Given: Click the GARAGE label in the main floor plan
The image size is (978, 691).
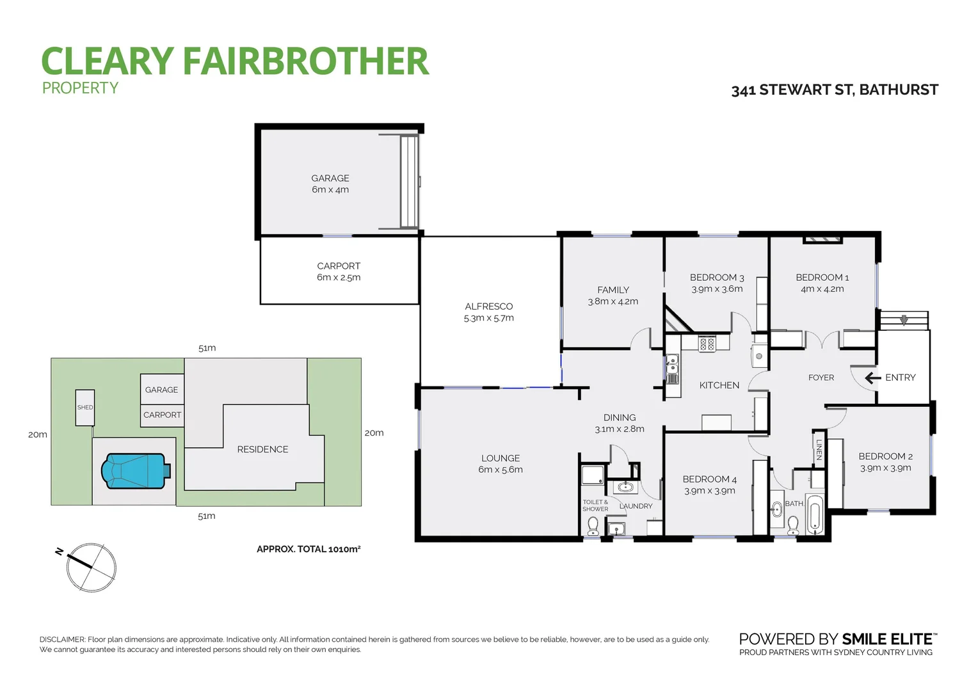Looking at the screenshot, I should point(330,179).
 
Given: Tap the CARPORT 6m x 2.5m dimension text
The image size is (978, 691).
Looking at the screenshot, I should point(339,278).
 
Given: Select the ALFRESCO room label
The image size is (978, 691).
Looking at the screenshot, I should point(489,306).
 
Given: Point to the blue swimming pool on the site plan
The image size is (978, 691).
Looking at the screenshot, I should point(135,471).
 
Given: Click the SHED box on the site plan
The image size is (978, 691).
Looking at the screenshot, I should point(85,408).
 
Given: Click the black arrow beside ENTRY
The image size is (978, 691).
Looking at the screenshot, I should point(872,378).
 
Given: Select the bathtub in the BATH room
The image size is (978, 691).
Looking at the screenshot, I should point(815,514).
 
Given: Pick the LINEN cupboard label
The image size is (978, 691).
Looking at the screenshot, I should point(819,449).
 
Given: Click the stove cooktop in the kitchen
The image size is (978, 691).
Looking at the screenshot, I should point(707,344).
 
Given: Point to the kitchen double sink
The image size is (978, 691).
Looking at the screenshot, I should point(672,365).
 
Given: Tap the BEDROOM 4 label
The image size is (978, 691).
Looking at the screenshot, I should point(709,479).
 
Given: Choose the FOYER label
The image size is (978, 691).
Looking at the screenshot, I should point(821,378).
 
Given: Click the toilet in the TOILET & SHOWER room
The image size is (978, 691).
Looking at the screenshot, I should point(593,525).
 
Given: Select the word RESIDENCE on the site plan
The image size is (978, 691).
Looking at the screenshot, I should point(262,450).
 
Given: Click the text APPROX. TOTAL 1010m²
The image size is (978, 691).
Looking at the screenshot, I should point(309,549).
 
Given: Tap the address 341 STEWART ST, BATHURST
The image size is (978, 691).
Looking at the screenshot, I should point(835,90).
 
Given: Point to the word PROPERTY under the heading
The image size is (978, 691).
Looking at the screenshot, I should point(81,88).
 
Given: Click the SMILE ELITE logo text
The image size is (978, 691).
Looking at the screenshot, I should point(887,639).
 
